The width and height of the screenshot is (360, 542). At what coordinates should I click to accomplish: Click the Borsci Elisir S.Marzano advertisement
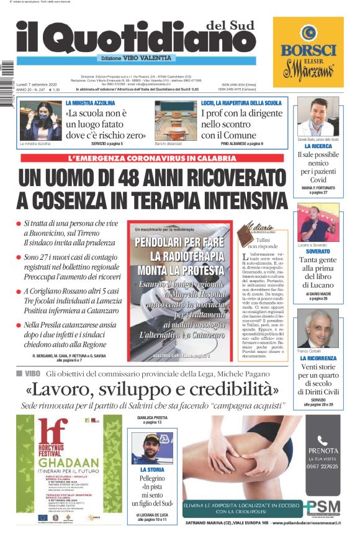pyautogui.click(x=308, y=52)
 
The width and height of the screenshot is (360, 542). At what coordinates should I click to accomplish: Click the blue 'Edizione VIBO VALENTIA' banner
pyautogui.click(x=137, y=58)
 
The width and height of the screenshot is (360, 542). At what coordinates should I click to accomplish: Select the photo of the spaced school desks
pyautogui.click(x=176, y=120)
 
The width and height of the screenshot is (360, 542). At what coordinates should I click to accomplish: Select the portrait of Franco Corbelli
pyautogui.click(x=318, y=328)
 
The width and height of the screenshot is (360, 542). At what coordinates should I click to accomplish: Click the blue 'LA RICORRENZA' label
pyautogui.click(x=318, y=358)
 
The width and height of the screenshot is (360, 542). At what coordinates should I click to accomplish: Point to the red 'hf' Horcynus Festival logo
pyautogui.click(x=52, y=432)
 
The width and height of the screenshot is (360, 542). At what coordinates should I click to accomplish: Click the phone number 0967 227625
pyautogui.click(x=323, y=466)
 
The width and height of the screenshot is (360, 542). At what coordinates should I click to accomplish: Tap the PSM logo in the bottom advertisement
pyautogui.click(x=323, y=506)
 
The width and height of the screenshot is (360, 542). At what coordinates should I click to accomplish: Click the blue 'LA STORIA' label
pyautogui.click(x=153, y=470)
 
